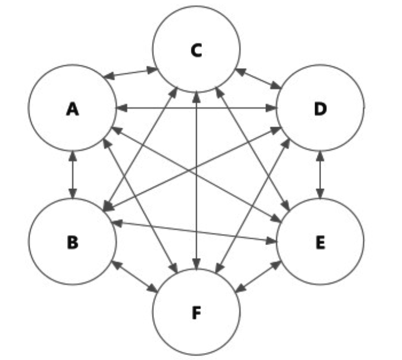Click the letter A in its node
(72, 109)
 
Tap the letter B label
(72, 242)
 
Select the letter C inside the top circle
(196, 51)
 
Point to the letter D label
(320, 109)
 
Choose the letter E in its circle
(320, 242)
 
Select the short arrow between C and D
(258, 79)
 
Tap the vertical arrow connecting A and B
(72, 175)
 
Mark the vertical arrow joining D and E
(320, 175)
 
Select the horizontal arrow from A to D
(196, 107)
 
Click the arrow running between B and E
(196, 230)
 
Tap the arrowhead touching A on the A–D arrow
(120, 107)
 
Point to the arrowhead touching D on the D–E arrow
(320, 155)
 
